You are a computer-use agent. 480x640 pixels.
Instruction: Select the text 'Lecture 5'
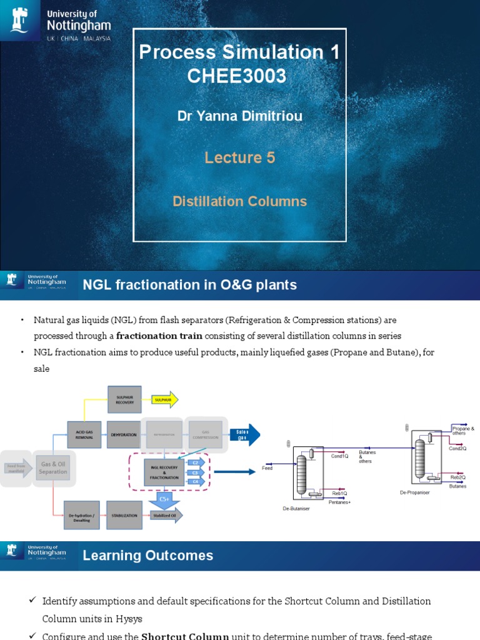(x=239, y=157)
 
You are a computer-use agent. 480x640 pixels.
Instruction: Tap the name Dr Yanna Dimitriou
(x=239, y=117)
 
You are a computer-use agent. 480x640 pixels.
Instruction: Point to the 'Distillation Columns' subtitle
(x=239, y=201)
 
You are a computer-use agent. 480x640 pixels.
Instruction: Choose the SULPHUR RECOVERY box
(x=124, y=399)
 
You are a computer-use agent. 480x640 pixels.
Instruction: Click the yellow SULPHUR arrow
(x=164, y=399)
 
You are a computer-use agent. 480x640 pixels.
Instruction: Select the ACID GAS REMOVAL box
(x=84, y=434)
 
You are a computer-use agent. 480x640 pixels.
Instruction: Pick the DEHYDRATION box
(x=124, y=434)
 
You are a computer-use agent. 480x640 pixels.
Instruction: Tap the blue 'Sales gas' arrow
(x=244, y=435)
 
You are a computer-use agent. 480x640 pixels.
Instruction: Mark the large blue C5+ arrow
(x=164, y=499)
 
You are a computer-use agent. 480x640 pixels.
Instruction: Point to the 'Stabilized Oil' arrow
(x=166, y=515)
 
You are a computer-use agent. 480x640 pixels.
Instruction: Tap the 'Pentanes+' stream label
(x=339, y=502)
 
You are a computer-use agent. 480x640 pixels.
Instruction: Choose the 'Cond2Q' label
(x=457, y=448)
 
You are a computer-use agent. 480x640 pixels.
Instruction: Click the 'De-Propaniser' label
(x=415, y=492)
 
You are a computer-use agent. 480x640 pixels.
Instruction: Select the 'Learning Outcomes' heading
(x=148, y=556)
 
